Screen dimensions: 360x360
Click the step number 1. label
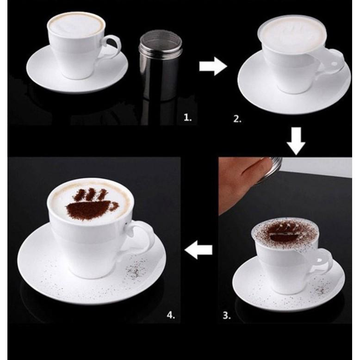click(x=187, y=118)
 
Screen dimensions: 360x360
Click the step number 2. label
click(x=237, y=119)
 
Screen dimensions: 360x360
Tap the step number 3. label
click(x=227, y=316)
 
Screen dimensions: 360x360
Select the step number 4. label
click(x=171, y=315)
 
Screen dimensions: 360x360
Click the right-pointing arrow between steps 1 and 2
click(x=213, y=66)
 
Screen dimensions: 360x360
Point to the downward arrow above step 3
click(x=296, y=141)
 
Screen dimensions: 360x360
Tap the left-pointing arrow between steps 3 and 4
click(x=199, y=249)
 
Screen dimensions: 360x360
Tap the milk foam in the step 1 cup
click(x=76, y=25)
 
